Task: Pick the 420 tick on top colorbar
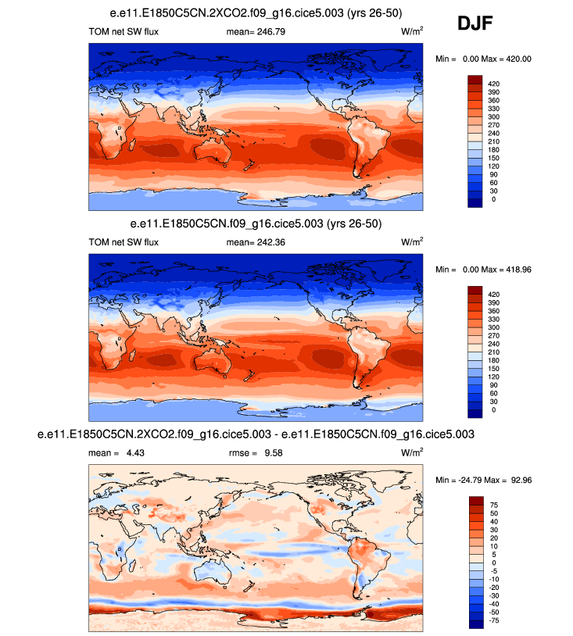[x=493, y=83]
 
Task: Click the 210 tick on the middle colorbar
[x=493, y=352]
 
